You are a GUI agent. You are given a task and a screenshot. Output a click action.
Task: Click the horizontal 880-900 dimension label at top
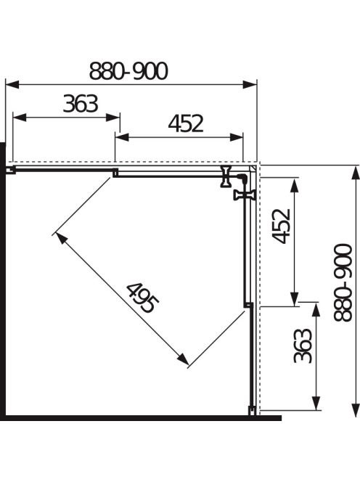tap(128, 70)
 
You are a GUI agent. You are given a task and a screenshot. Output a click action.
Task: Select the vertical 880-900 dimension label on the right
tap(343, 283)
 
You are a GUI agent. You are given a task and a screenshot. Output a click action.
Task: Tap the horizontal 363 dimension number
tap(81, 104)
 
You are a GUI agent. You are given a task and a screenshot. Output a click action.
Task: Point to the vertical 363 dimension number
tap(303, 346)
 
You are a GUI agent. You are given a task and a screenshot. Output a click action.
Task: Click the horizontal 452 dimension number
tap(186, 123)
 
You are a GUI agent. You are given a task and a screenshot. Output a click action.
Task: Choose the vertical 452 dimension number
tap(281, 226)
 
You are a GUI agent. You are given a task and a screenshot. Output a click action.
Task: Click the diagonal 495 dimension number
tap(143, 298)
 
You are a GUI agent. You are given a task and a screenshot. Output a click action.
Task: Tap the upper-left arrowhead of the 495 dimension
tap(61, 239)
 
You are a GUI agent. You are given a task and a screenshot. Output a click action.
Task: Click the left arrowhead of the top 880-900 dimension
tap(12, 84)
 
